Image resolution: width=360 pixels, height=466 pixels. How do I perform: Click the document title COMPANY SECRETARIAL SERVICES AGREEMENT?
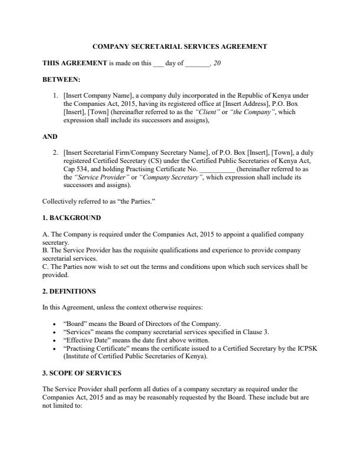click(180, 46)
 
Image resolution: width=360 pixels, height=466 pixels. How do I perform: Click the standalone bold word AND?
click(49, 136)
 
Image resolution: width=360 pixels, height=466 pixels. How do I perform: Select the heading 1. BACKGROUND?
click(68, 218)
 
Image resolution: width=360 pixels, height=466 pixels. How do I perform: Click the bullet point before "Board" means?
click(55, 324)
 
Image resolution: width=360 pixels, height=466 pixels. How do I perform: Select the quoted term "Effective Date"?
click(85, 340)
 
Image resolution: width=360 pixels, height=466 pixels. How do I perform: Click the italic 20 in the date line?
click(217, 62)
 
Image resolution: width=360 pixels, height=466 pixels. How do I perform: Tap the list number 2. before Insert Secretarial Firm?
click(55, 151)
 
